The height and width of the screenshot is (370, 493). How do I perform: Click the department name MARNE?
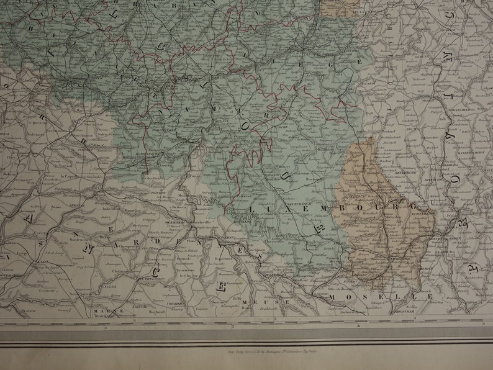(104, 310)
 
